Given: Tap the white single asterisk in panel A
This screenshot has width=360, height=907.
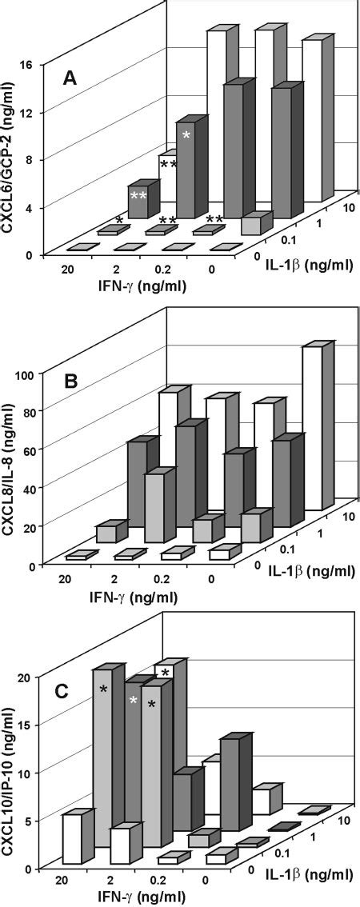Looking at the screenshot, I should point(186,136).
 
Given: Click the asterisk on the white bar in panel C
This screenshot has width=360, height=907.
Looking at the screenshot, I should point(165,673).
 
